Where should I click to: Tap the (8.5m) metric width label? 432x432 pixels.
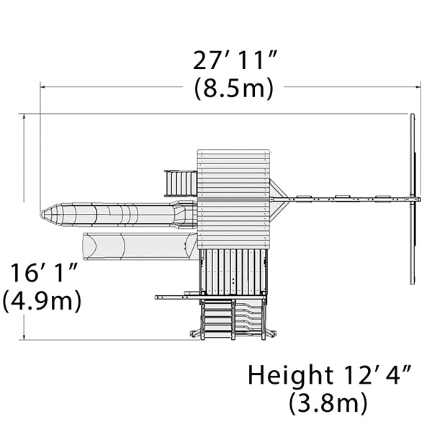(x=234, y=88)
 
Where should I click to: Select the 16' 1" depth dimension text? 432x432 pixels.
(x=44, y=273)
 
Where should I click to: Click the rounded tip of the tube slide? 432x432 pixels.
(x=43, y=215)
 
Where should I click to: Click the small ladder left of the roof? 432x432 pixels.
(x=181, y=184)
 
